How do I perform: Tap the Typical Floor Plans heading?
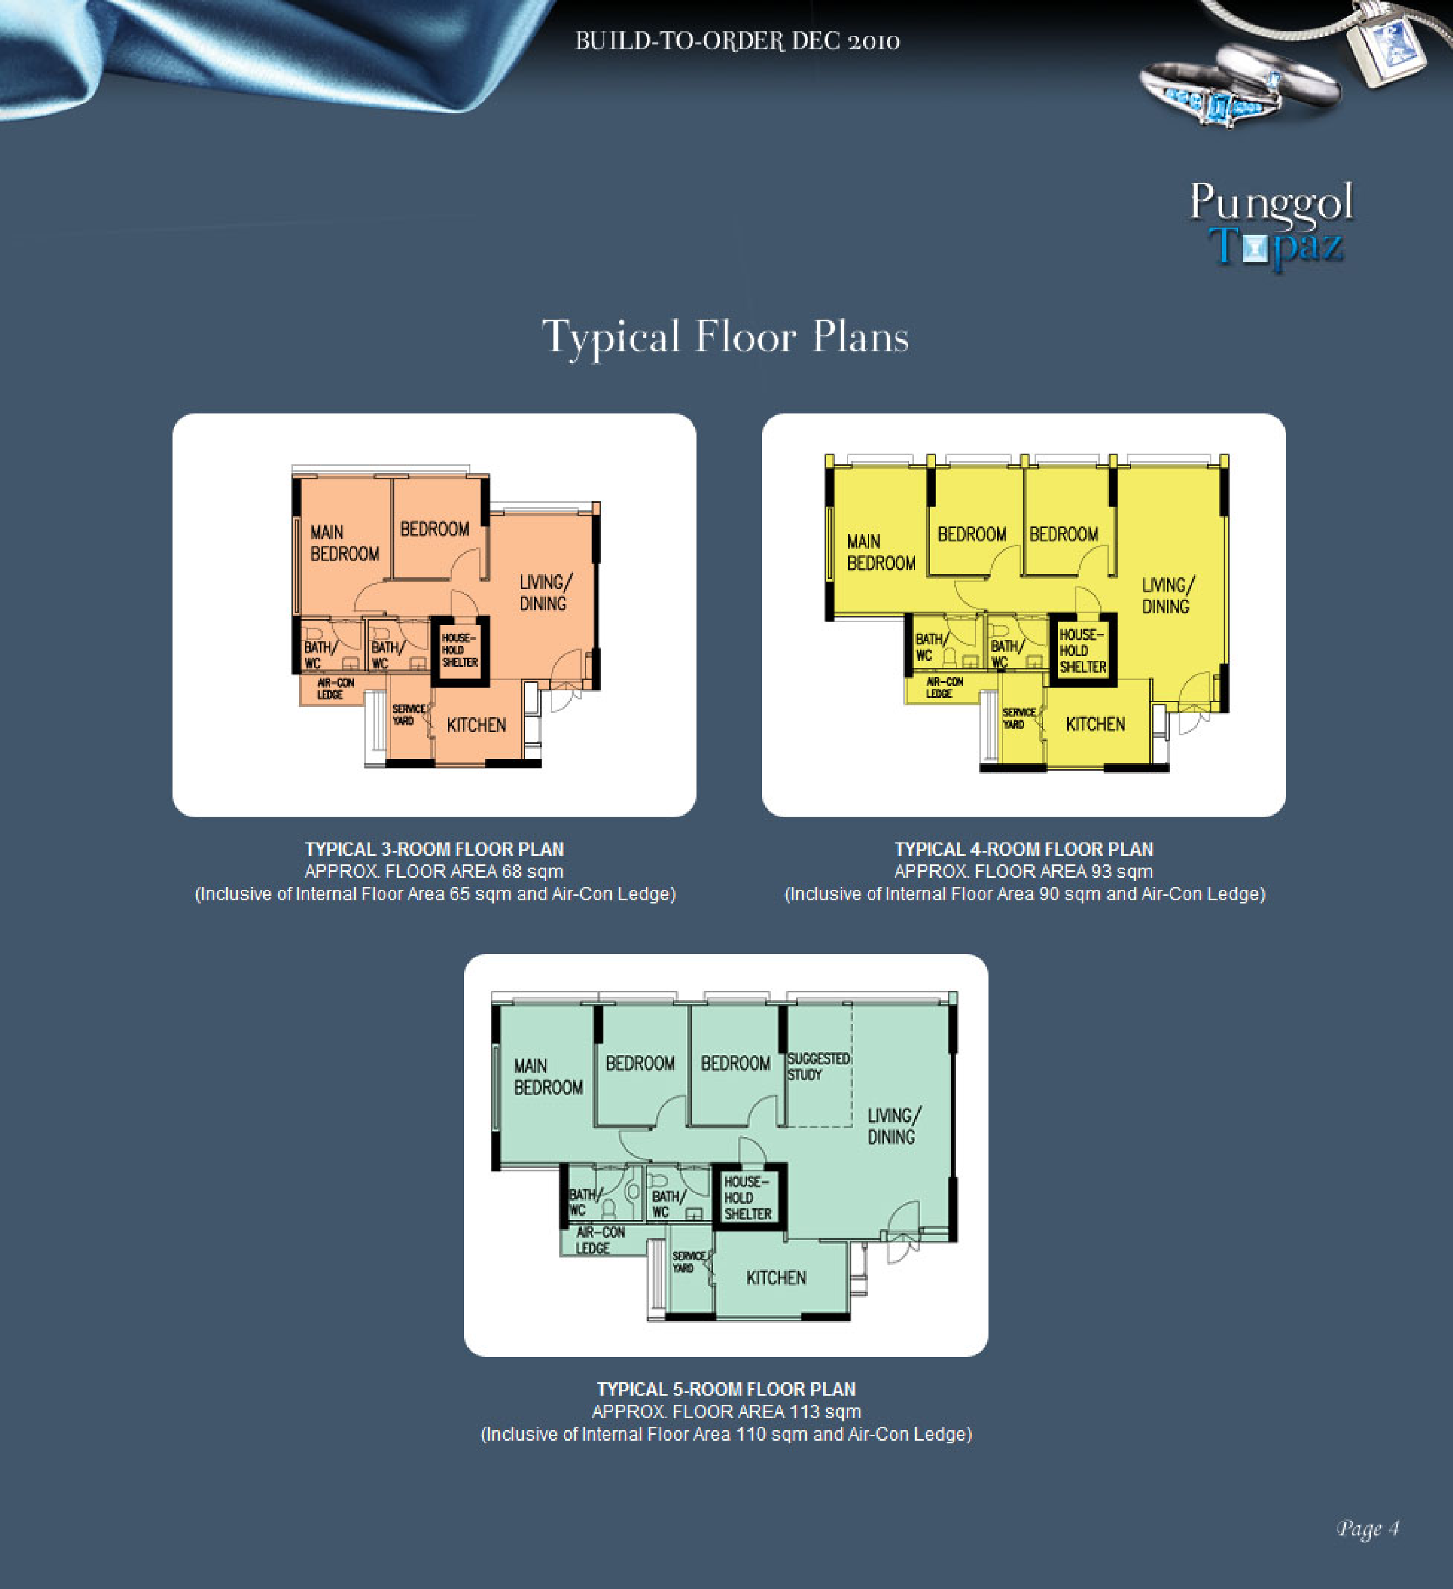(x=725, y=338)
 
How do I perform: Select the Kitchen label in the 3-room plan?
(x=476, y=725)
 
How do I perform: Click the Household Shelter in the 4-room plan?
(x=1082, y=650)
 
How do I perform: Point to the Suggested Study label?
(x=818, y=1066)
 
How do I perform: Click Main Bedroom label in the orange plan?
(x=344, y=543)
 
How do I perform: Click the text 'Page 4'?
(x=1368, y=1529)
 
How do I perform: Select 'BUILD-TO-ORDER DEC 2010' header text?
(x=737, y=41)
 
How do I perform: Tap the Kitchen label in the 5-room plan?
(x=776, y=1278)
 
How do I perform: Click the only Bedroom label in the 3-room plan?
(x=435, y=529)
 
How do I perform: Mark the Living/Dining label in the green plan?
(x=893, y=1126)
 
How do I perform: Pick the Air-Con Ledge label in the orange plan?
(x=335, y=689)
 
